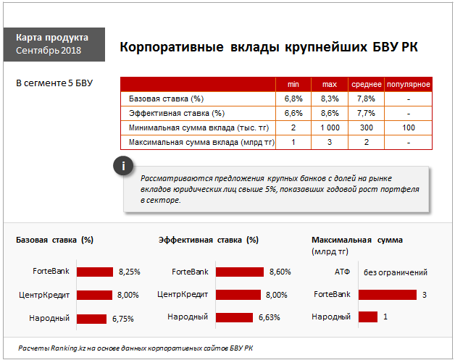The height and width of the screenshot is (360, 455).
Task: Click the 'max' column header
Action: click(x=329, y=84)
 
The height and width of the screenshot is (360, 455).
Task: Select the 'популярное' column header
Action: click(x=408, y=84)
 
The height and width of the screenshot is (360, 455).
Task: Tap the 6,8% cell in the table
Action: click(x=293, y=99)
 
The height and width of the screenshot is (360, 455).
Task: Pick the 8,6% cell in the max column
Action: click(x=329, y=113)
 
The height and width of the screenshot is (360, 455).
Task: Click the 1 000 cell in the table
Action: click(x=329, y=127)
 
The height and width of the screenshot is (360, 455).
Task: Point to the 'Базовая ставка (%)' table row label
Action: click(x=166, y=99)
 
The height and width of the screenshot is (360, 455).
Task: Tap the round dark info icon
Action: click(x=124, y=166)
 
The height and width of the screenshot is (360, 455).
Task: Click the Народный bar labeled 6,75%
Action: click(x=91, y=318)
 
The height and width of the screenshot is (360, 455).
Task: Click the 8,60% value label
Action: click(x=280, y=272)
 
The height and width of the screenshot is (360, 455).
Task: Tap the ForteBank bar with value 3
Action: click(x=387, y=295)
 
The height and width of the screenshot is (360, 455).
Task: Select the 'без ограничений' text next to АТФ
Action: click(x=395, y=272)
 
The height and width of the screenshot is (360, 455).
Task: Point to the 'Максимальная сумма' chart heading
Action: click(x=356, y=240)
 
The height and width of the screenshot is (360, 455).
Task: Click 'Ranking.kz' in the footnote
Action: click(x=67, y=348)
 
